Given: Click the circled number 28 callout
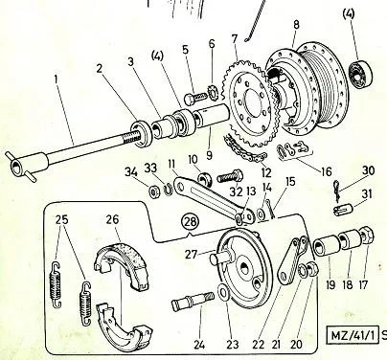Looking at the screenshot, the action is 191,221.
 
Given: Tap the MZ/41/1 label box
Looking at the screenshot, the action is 353,335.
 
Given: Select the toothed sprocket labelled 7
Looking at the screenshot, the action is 251,104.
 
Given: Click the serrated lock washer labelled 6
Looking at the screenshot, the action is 212,92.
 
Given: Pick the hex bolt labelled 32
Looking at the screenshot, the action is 230,176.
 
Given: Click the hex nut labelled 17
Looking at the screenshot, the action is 368,236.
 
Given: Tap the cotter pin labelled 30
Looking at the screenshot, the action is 336,191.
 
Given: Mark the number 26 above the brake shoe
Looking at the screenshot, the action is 112,219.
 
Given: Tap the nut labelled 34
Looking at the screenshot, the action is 155,191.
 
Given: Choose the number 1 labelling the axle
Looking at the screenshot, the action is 57,79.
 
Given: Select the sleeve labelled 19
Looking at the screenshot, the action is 326,246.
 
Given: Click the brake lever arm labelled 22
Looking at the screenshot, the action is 293,260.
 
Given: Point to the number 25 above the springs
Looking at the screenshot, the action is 62,219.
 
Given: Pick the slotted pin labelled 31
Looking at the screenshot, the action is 342,211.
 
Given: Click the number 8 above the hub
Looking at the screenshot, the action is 296,25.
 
